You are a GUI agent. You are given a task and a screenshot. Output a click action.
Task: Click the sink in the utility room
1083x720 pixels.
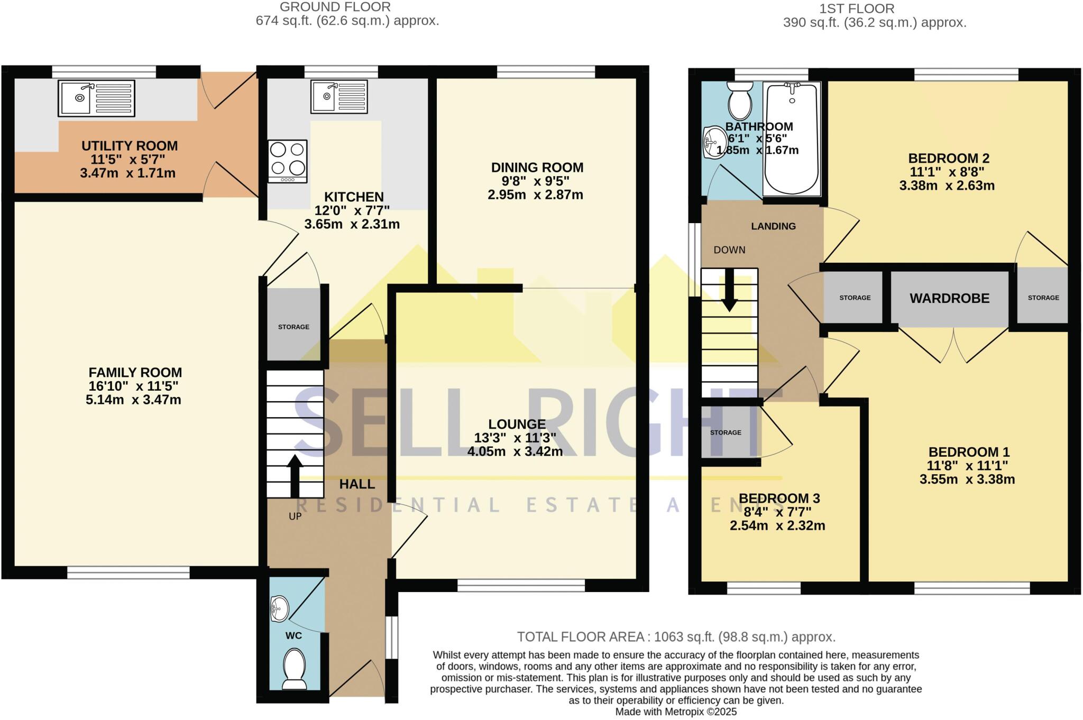click(x=96, y=98)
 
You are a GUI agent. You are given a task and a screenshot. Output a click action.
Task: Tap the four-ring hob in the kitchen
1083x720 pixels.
click(x=288, y=161)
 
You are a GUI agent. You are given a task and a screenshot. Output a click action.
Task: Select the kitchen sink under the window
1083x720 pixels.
click(x=339, y=96)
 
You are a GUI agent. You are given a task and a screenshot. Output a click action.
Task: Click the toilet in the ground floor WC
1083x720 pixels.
click(x=295, y=668)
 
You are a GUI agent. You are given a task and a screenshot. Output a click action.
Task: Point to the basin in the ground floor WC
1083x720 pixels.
click(x=280, y=608)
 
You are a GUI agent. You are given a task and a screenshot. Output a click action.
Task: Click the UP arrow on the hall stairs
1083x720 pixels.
click(x=295, y=476)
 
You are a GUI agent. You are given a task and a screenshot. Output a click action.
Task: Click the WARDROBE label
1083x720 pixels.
click(x=949, y=298)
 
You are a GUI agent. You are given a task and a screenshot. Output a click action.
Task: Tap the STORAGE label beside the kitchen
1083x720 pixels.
click(x=293, y=327)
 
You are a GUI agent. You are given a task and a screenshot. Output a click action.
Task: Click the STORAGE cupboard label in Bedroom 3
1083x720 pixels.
click(x=726, y=432)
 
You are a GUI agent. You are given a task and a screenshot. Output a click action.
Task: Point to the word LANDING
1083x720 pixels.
click(x=773, y=226)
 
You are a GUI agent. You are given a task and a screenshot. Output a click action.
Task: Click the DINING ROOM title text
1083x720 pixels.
click(x=537, y=168)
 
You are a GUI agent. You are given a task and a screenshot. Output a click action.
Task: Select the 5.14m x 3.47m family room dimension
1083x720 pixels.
click(x=133, y=400)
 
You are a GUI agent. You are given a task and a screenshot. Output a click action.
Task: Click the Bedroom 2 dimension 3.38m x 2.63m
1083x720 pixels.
click(x=947, y=186)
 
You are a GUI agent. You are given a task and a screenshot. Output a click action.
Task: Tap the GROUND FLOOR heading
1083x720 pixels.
click(x=335, y=7)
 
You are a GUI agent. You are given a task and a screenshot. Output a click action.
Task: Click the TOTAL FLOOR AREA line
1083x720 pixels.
click(x=676, y=636)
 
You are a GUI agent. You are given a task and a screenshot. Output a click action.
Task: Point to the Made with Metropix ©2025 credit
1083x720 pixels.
click(x=675, y=712)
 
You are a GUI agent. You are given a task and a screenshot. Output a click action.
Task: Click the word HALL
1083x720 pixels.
click(x=357, y=484)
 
